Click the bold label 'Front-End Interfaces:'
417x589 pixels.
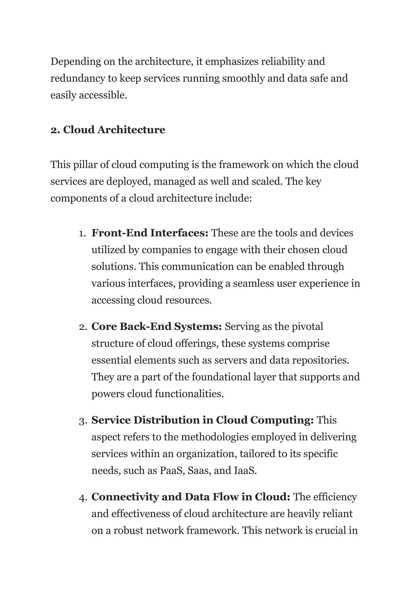click(150, 233)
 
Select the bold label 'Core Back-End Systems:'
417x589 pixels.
click(156, 327)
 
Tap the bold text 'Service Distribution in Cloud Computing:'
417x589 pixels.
click(202, 420)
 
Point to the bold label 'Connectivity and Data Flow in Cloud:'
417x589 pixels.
click(191, 497)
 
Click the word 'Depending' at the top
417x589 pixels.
click(76, 62)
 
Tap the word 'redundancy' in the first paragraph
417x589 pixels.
click(78, 79)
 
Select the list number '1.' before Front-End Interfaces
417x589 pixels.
click(82, 233)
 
